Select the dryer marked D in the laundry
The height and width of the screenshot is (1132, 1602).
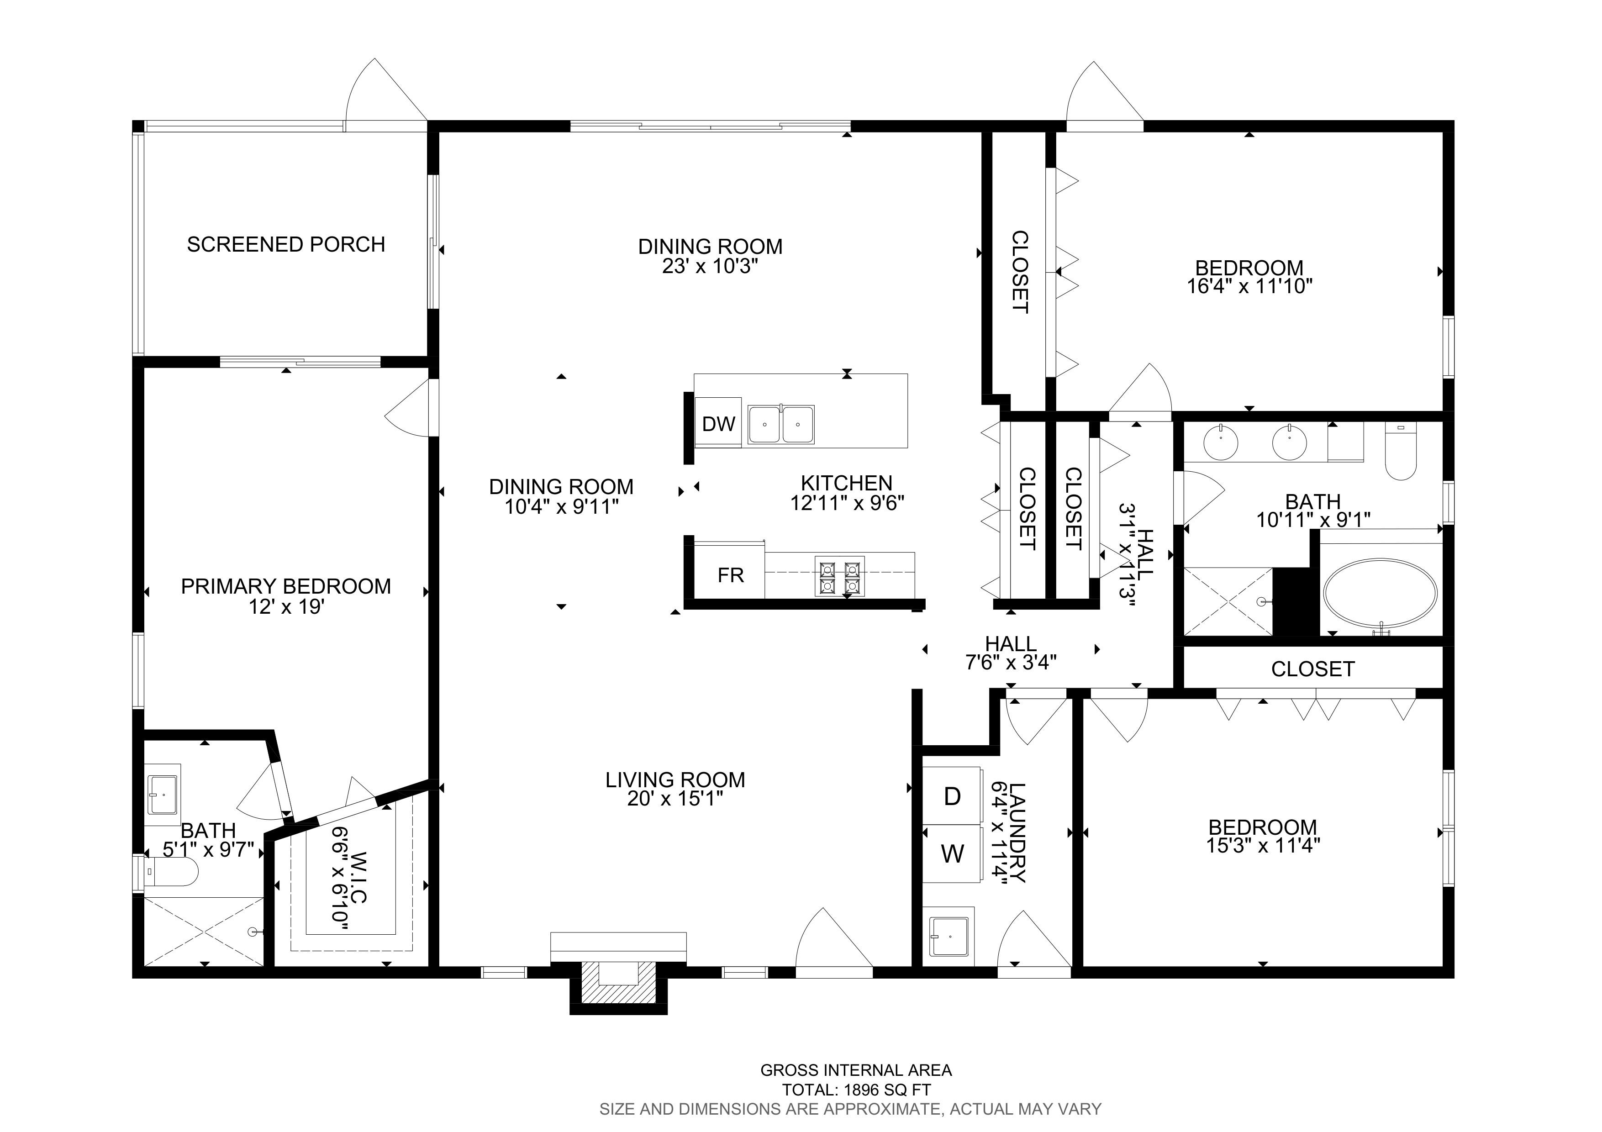click(x=953, y=796)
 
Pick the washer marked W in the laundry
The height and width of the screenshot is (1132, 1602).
click(x=953, y=854)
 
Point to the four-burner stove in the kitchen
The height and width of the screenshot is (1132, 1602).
click(x=840, y=578)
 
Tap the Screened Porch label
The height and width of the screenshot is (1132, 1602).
click(x=286, y=244)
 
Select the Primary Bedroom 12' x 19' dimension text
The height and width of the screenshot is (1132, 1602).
click(x=287, y=607)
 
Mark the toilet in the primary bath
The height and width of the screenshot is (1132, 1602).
click(x=170, y=871)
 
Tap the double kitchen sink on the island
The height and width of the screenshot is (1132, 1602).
click(x=781, y=424)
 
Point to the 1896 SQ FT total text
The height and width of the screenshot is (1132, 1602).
click(x=856, y=1090)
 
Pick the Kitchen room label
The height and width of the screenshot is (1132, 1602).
click(x=846, y=483)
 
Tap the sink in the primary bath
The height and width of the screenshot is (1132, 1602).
click(x=163, y=795)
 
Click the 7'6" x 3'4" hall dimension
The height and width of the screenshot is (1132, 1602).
click(x=1011, y=662)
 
